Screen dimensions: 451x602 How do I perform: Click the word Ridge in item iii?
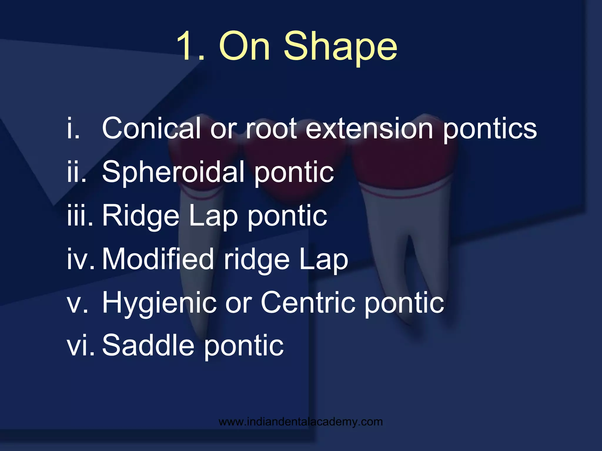click(141, 216)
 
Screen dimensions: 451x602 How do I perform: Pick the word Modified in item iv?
click(158, 259)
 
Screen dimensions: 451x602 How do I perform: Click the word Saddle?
click(148, 346)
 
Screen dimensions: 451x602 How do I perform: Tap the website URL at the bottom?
click(301, 422)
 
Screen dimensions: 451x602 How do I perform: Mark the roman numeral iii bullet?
click(79, 216)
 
